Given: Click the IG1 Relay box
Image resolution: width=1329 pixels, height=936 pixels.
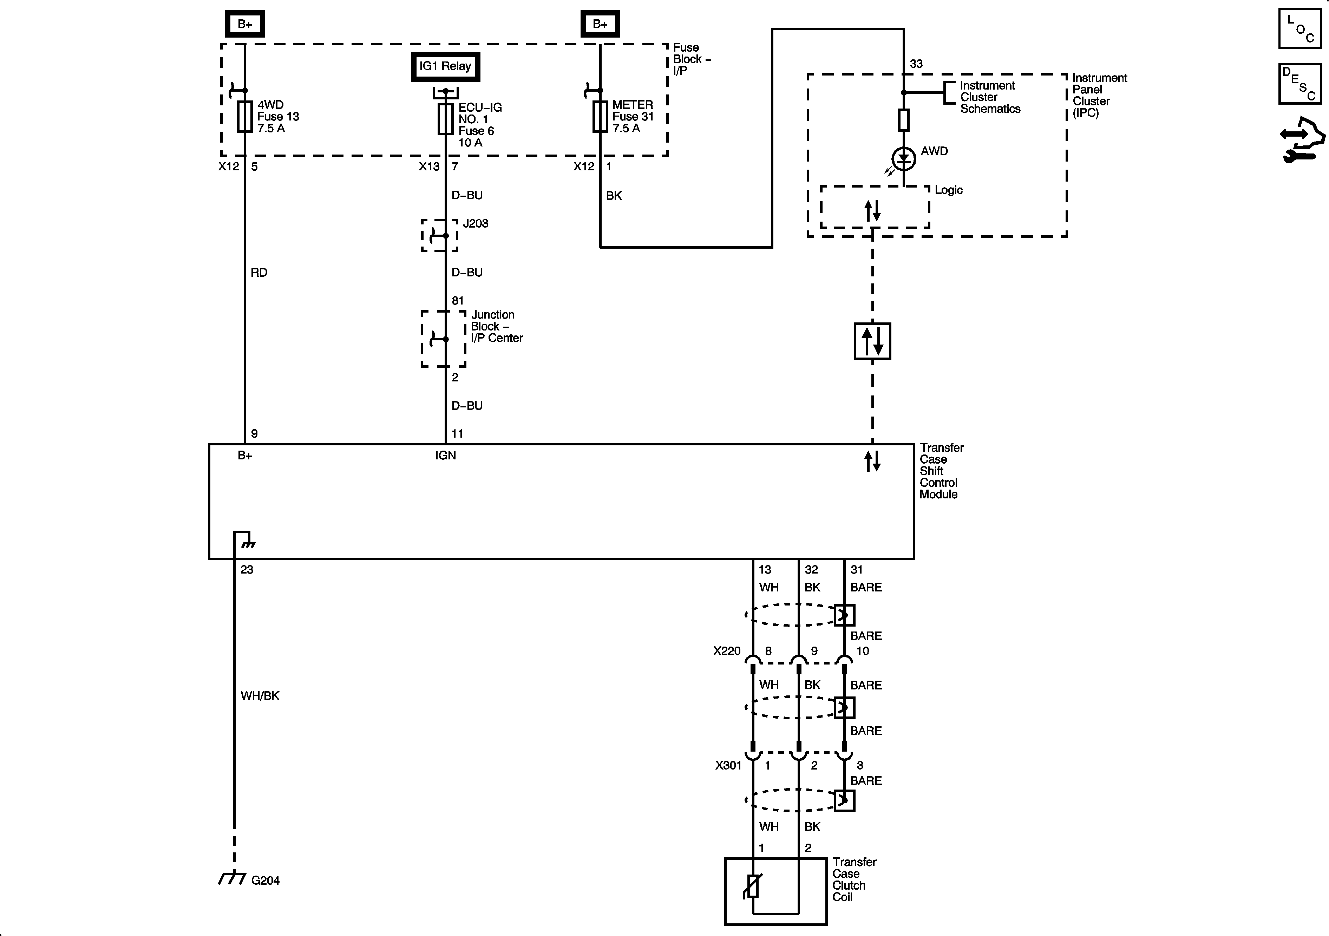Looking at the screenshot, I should pyautogui.click(x=445, y=67).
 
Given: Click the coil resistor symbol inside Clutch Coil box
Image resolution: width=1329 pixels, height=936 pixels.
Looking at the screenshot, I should pyautogui.click(x=752, y=886).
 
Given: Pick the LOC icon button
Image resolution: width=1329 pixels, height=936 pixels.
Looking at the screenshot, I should pyautogui.click(x=1299, y=29).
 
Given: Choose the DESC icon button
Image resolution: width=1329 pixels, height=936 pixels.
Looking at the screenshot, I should pyautogui.click(x=1299, y=84).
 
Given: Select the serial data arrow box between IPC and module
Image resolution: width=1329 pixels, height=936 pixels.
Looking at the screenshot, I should pyautogui.click(x=872, y=341).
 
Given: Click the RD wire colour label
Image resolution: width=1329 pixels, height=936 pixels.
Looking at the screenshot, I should pyautogui.click(x=259, y=273).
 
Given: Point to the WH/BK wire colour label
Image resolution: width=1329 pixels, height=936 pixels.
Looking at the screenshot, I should pyautogui.click(x=260, y=696).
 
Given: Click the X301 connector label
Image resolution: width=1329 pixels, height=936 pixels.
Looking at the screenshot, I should pyautogui.click(x=728, y=765).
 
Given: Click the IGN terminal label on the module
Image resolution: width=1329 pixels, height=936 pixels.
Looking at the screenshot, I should pyautogui.click(x=445, y=456).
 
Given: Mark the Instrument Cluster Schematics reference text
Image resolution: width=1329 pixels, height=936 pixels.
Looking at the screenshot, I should pyautogui.click(x=989, y=97).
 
